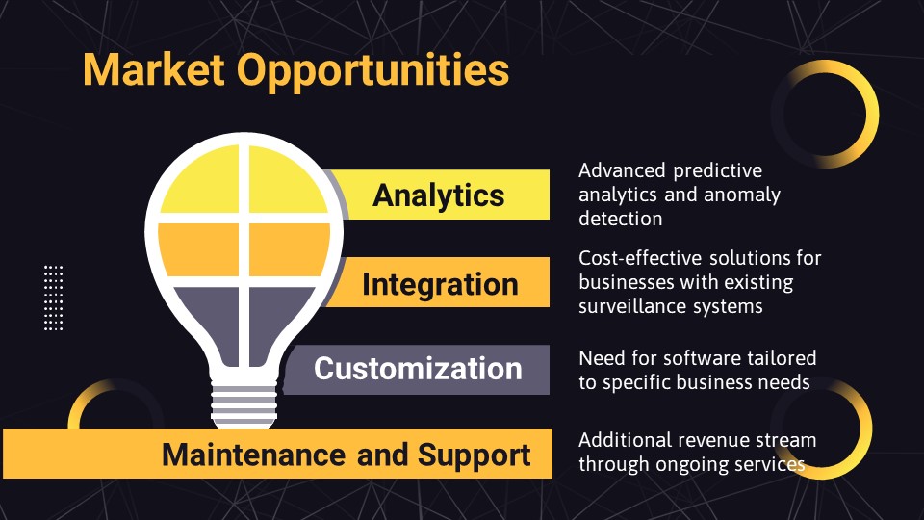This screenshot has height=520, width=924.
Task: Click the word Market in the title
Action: click(x=154, y=69)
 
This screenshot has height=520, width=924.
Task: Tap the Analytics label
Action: click(x=439, y=195)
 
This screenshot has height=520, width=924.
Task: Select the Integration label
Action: click(x=440, y=284)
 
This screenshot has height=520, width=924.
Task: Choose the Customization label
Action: click(x=418, y=369)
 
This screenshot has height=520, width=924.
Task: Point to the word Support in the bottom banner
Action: click(x=475, y=455)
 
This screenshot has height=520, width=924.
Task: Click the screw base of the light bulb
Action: click(x=244, y=405)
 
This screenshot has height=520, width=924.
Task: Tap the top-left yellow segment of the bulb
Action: click(x=199, y=180)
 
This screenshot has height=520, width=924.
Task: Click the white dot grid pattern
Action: click(x=54, y=298)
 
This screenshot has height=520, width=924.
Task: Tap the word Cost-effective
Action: click(x=640, y=258)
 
